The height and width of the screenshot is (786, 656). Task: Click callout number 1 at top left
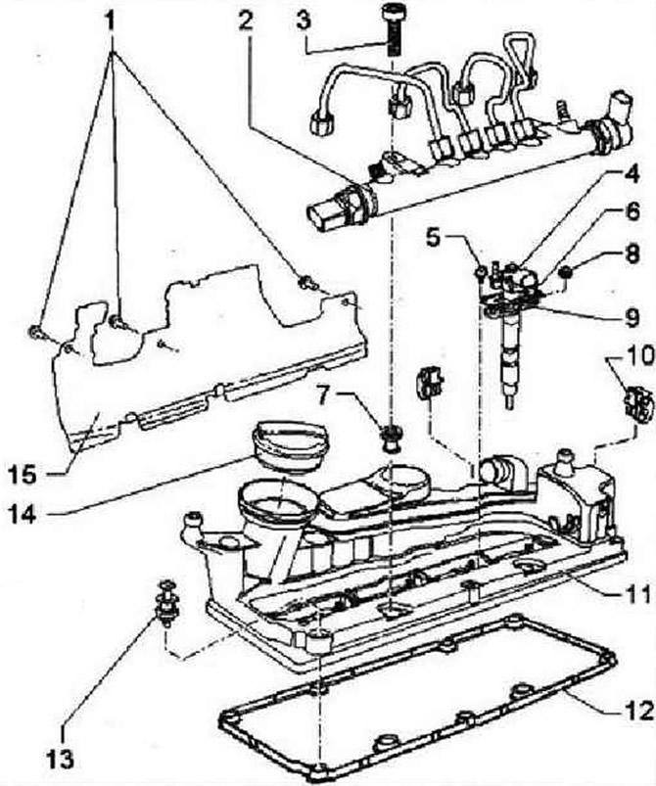tap(113, 22)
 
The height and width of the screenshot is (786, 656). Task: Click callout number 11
tap(637, 593)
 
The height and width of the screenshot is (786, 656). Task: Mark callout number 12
tap(637, 711)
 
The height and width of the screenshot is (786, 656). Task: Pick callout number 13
tap(64, 759)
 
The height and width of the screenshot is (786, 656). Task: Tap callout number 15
tap(23, 473)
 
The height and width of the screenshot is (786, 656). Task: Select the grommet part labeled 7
tap(391, 438)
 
